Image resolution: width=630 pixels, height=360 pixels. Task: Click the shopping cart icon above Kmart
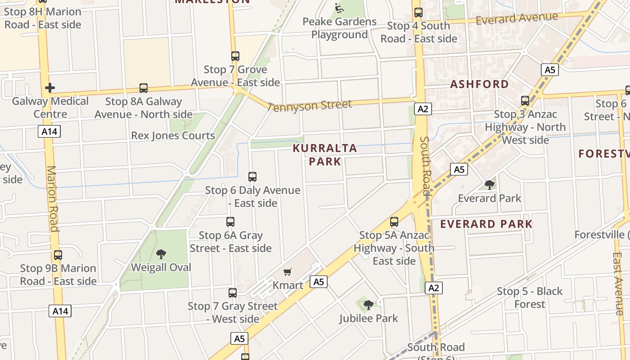[288, 272]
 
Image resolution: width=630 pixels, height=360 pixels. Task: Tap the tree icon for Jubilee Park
[369, 305]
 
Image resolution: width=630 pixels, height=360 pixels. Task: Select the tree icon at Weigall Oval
[161, 254]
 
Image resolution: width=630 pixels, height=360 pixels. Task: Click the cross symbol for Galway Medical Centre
[50, 88]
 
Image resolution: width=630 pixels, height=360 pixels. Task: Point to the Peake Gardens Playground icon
[339, 8]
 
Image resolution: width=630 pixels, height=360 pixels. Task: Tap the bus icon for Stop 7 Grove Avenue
[235, 56]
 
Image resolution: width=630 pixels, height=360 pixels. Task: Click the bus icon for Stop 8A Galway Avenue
[144, 88]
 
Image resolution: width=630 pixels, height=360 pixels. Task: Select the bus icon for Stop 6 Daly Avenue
[252, 177]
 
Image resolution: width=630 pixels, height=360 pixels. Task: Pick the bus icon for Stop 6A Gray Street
[230, 222]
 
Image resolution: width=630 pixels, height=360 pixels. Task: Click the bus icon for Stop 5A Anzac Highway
[394, 222]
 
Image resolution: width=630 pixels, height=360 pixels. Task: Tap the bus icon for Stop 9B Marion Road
[58, 255]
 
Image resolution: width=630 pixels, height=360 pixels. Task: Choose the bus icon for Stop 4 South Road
[418, 13]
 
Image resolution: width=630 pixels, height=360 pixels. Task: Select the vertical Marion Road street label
[53, 198]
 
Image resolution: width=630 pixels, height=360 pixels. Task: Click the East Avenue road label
[618, 283]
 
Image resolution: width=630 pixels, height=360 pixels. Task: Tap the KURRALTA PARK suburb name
[325, 154]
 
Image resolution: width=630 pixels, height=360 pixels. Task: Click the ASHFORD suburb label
[479, 84]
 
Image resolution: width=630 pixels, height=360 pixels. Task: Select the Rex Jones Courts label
[173, 135]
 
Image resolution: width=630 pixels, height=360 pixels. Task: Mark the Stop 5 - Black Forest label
[530, 298]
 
